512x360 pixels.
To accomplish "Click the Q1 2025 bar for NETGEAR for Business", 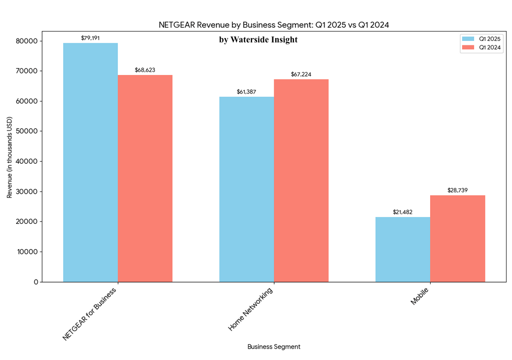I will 90,163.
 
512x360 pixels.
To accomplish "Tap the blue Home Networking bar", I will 247,189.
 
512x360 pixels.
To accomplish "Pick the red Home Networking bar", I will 301,180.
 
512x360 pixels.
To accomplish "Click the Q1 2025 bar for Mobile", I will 402,250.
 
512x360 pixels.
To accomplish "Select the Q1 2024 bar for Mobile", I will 457,239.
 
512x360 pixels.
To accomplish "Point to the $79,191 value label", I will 90,37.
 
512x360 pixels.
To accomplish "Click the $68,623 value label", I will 145,70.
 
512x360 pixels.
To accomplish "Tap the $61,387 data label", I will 247,92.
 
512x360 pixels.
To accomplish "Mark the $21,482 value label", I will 402,212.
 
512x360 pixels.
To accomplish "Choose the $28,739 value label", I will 457,190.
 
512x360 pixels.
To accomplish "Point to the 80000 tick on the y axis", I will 30,41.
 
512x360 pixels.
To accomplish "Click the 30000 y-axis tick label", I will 30,191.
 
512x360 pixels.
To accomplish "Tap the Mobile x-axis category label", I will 420,297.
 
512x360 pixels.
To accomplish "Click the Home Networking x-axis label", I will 251,309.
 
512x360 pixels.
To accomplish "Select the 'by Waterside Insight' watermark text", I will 258,40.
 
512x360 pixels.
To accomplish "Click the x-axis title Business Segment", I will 274,347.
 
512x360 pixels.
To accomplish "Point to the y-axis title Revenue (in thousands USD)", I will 9,158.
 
